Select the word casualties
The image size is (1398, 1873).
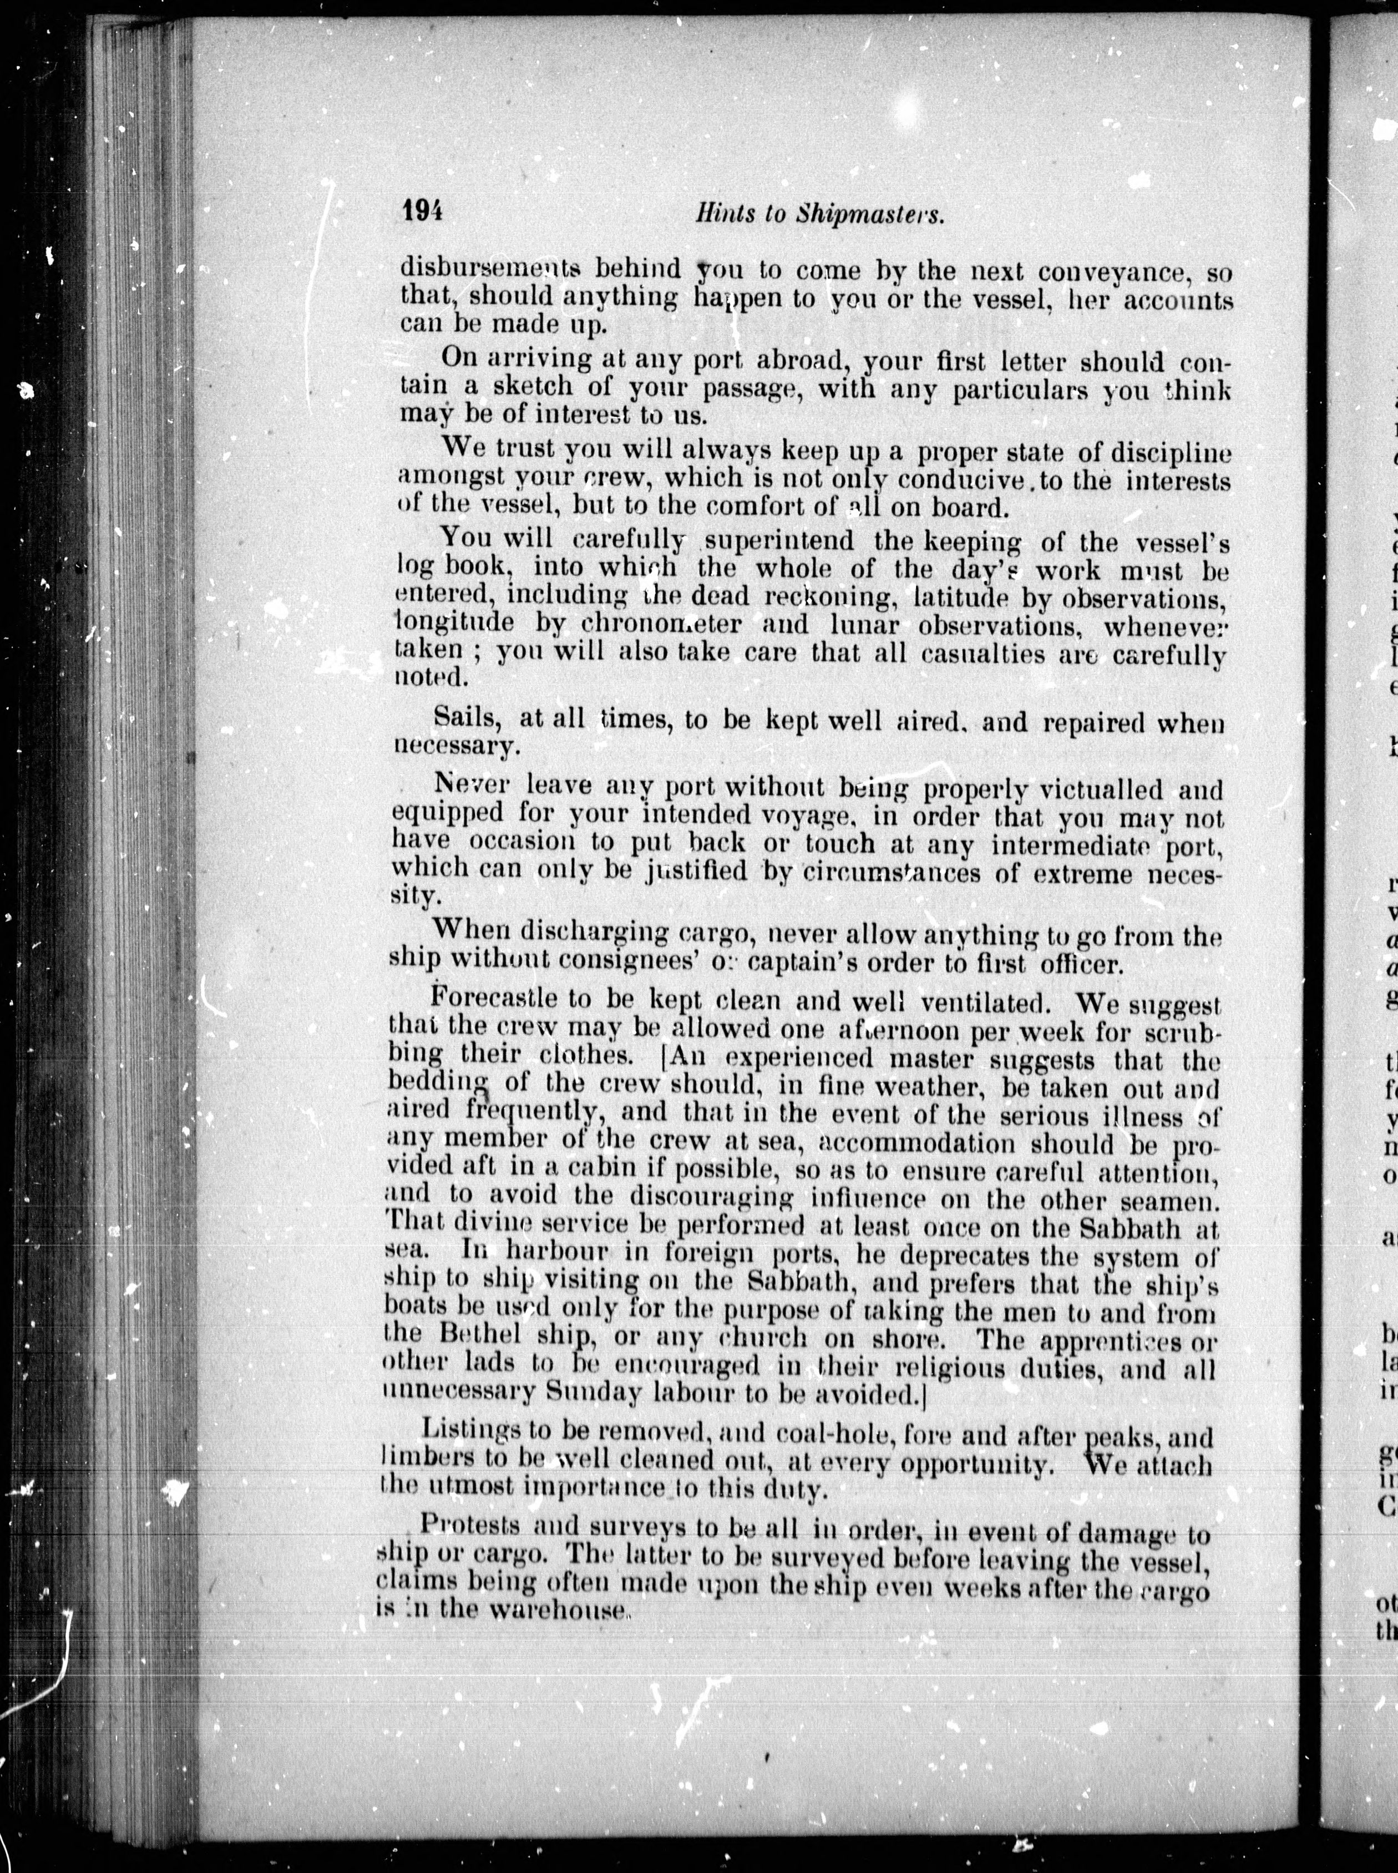coord(962,654)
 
